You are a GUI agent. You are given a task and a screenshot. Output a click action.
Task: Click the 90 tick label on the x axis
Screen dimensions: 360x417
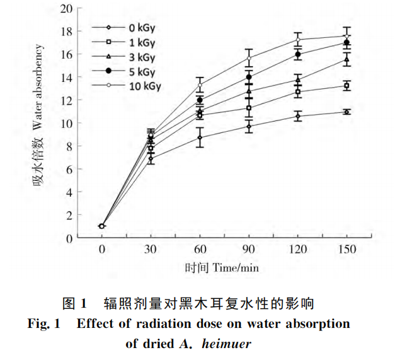tap(249, 249)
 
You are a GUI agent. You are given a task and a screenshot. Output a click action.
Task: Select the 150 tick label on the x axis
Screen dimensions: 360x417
tap(346, 249)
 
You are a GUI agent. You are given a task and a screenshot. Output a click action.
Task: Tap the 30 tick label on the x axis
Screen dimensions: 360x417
tap(151, 249)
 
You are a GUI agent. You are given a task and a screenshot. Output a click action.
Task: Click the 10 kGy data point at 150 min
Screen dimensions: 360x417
tap(346, 36)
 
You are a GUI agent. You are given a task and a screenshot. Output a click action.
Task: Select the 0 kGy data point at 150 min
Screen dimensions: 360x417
tap(346, 112)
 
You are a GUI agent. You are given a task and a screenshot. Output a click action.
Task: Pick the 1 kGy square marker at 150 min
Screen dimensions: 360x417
tap(346, 86)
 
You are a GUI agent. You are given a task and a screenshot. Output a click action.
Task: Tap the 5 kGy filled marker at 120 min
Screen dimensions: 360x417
tap(298, 54)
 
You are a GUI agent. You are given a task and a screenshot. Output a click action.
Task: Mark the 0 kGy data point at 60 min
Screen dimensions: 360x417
tap(200, 137)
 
